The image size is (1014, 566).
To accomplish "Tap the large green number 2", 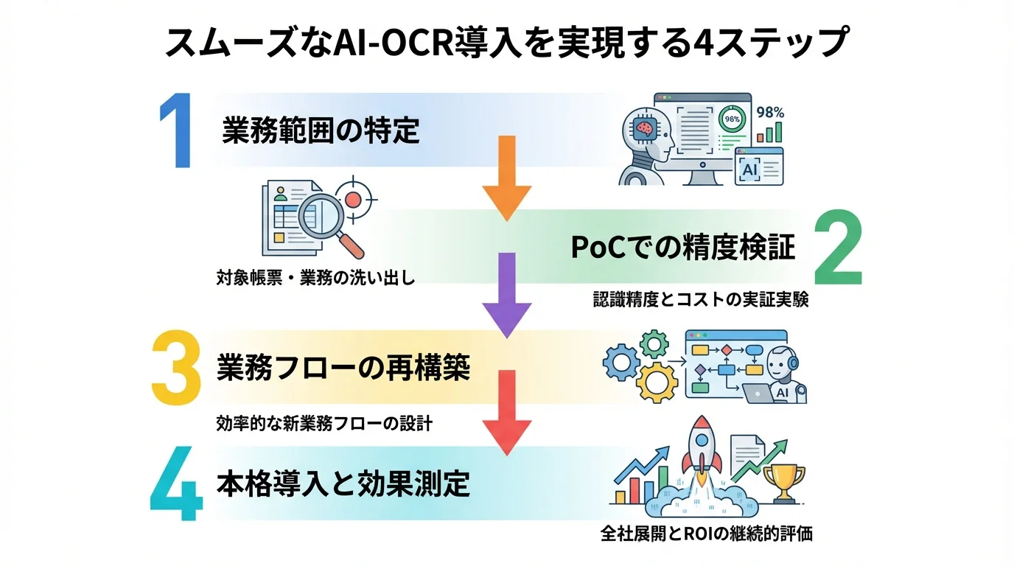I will coord(838,248).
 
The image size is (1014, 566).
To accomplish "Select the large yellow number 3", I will coord(176,366).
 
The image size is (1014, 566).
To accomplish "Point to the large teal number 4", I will coord(176,483).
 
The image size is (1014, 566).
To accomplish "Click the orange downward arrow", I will coord(507,178).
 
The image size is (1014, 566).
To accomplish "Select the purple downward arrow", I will coord(507,295).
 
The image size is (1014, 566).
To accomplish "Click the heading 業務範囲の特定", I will coord(321,131).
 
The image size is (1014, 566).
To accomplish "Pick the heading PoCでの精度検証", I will coord(683,248).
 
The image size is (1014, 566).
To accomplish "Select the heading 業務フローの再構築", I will coord(343,367).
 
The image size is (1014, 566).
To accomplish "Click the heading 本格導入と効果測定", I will coord(343,484).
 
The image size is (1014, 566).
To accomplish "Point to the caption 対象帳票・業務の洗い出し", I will coord(315,279).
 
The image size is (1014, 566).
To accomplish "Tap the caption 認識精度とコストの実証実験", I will coord(701,300).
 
